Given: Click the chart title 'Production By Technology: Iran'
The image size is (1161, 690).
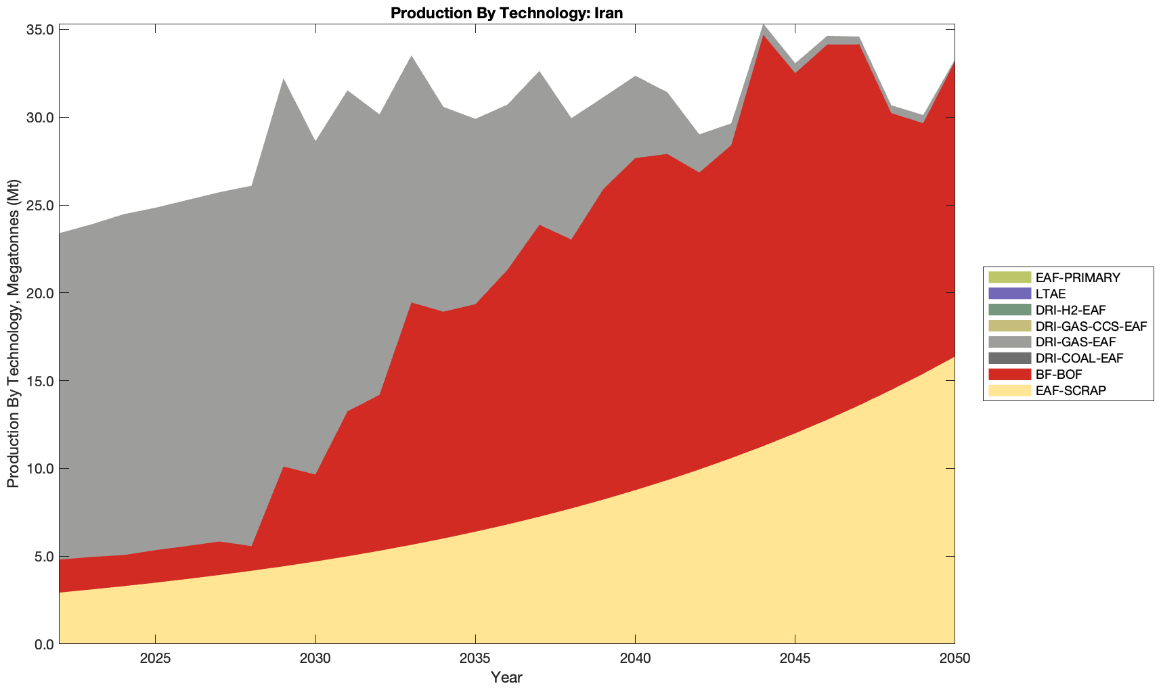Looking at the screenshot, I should [506, 12].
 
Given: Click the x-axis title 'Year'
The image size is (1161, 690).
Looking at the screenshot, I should [506, 677].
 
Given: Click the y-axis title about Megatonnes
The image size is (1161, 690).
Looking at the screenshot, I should [13, 333].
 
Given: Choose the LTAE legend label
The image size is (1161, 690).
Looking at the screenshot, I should [1051, 294].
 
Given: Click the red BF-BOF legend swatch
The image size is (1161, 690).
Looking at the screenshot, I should [1009, 374].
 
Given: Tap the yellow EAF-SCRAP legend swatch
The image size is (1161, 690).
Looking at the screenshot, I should [1009, 390].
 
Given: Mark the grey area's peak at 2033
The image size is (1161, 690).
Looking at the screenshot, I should [411, 57].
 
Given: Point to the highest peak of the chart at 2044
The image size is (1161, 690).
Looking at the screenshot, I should [763, 25].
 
